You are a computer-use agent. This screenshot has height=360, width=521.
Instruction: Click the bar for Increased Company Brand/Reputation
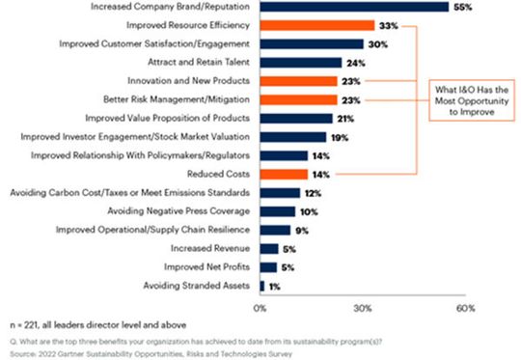[353, 7]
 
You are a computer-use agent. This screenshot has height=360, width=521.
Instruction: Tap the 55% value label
[463, 7]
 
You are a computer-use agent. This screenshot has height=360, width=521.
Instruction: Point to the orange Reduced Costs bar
[283, 174]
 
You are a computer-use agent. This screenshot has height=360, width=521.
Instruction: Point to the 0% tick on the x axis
[260, 308]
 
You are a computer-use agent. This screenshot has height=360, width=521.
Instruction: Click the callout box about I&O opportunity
[468, 99]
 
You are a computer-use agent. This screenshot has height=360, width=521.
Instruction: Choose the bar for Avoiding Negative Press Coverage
[276, 211]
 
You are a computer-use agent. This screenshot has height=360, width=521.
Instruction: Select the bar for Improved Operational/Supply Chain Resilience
[274, 230]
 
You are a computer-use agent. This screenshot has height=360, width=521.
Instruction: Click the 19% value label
[341, 137]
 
